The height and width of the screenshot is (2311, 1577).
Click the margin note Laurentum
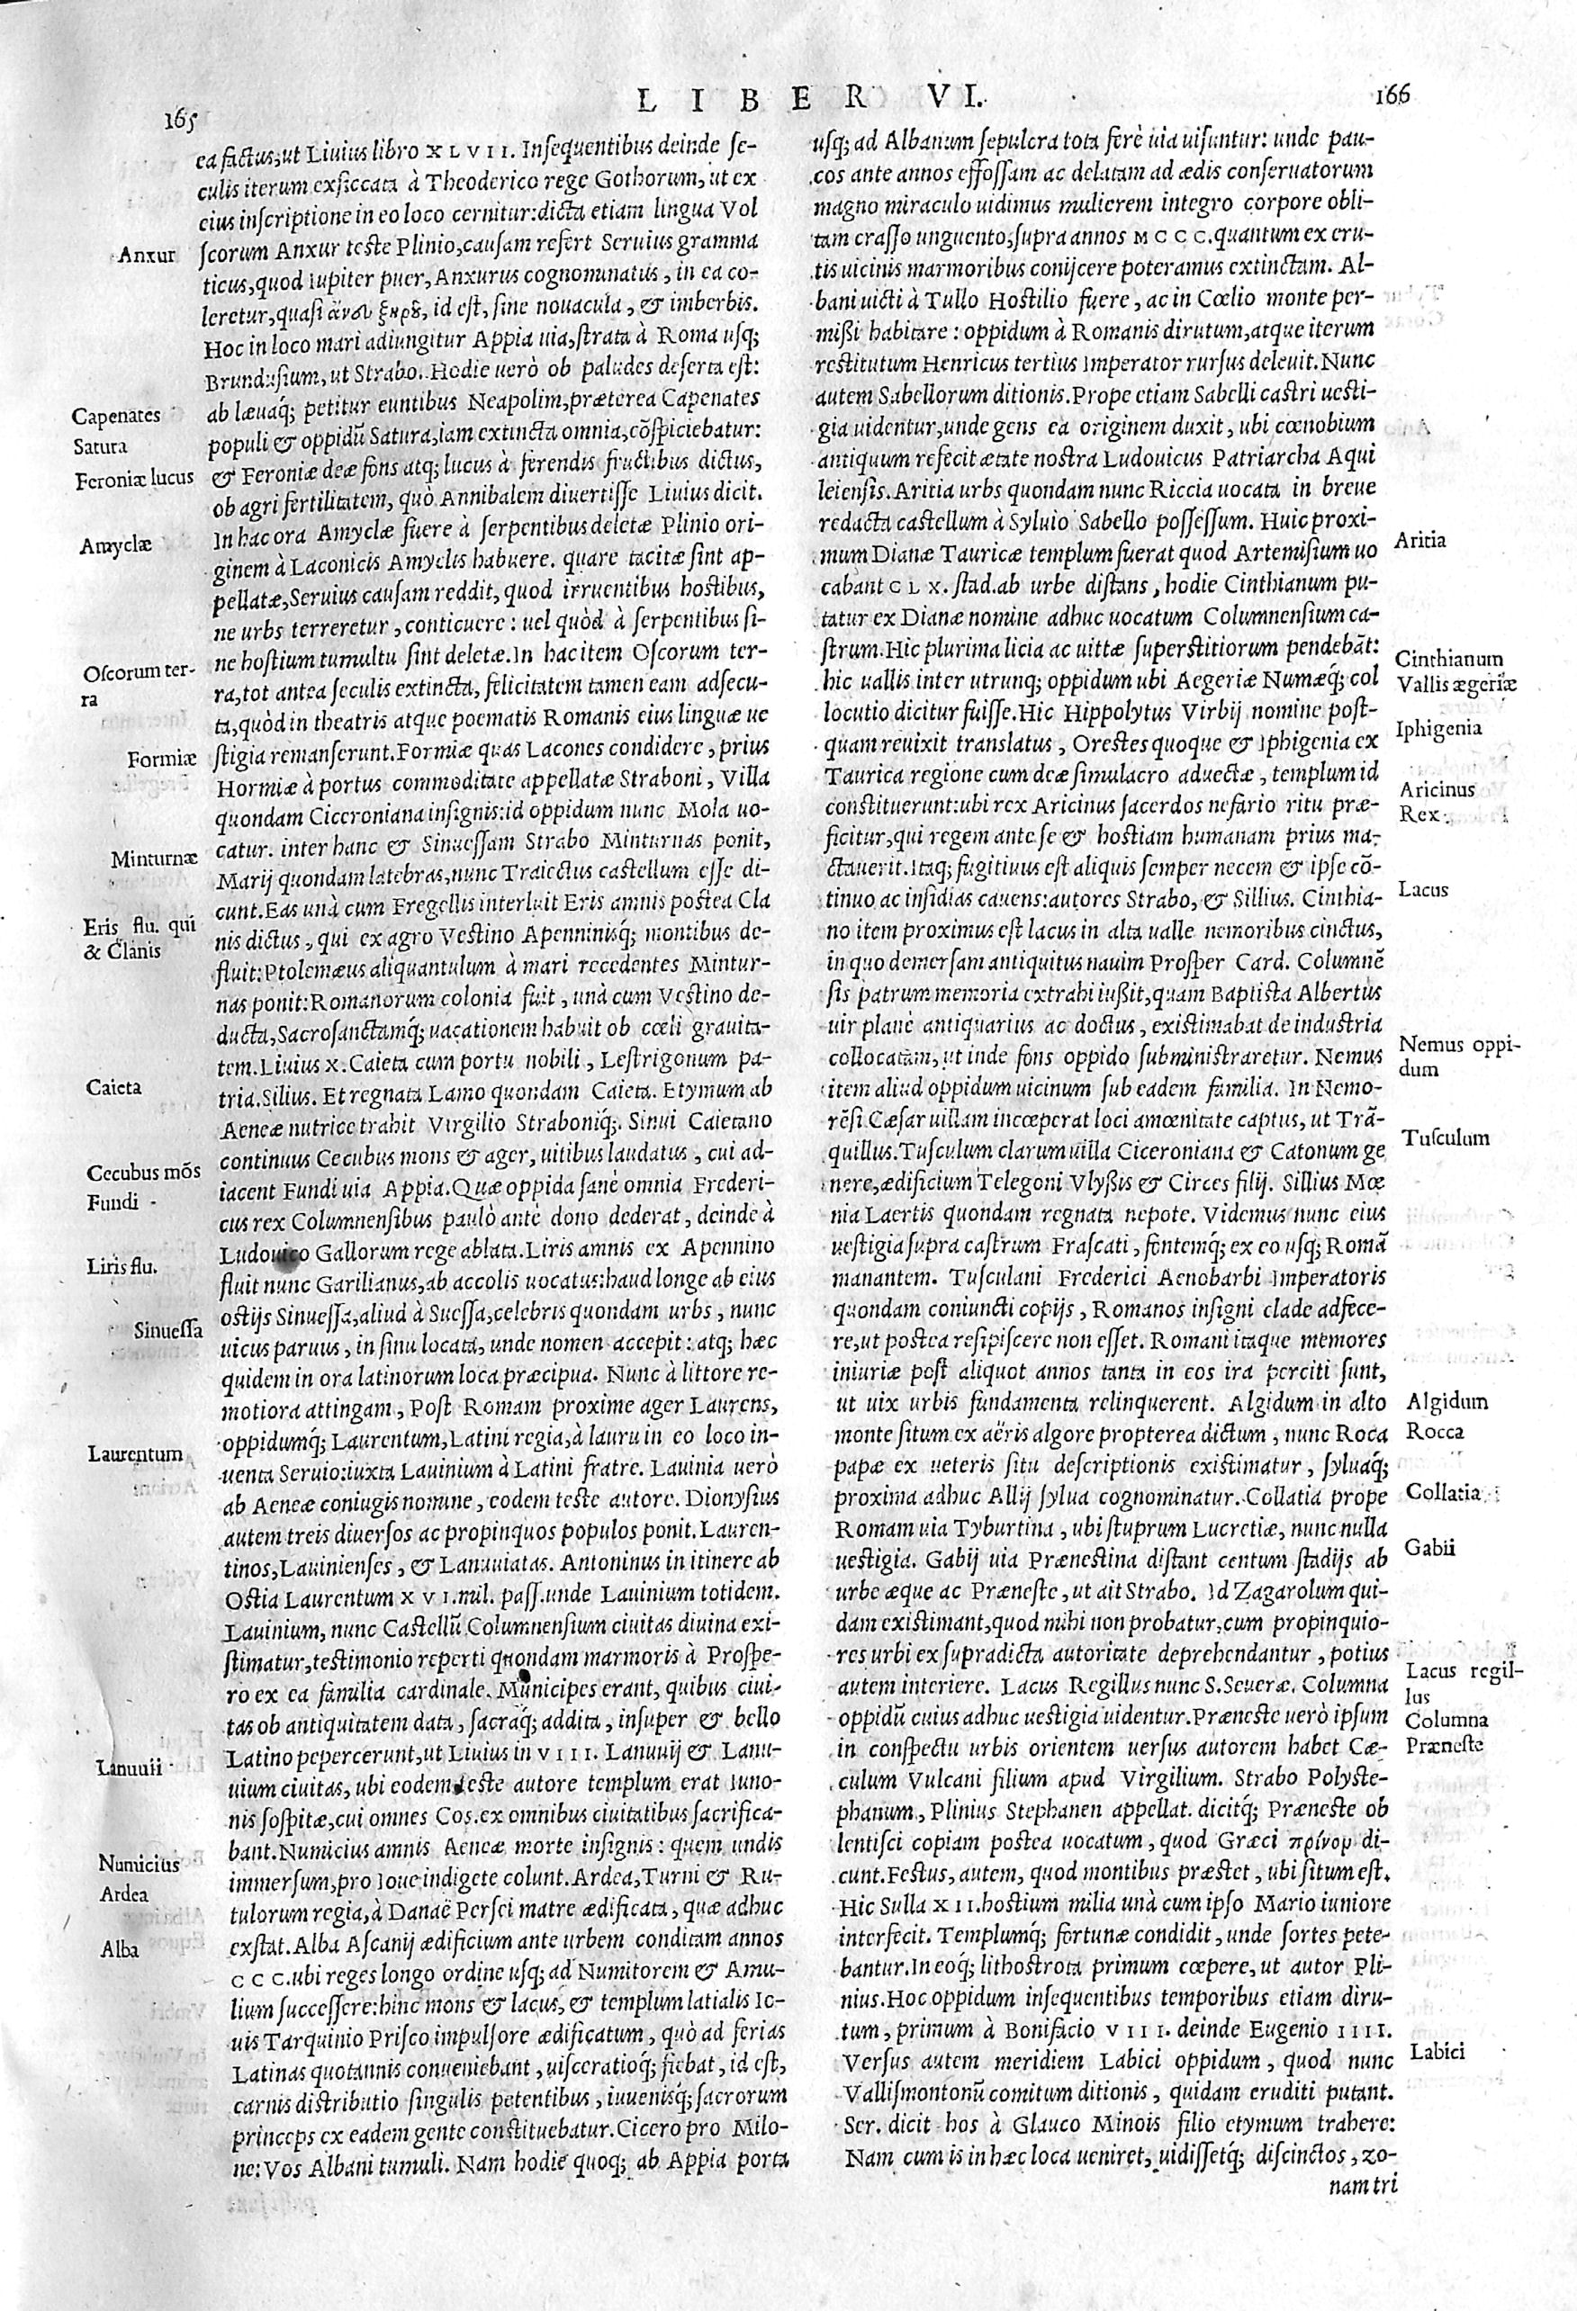pos(133,1453)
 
